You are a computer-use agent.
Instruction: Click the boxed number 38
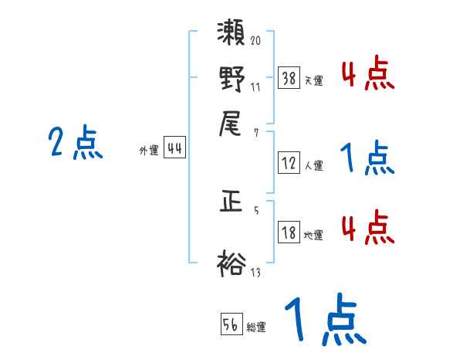(289, 78)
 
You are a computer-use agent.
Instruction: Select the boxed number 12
(289, 163)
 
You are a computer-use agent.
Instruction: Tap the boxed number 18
(289, 233)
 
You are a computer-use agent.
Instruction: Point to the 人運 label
(313, 165)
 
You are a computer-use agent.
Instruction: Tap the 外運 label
(149, 151)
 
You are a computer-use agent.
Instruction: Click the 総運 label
(256, 327)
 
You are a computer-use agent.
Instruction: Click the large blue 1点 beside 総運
(323, 320)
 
